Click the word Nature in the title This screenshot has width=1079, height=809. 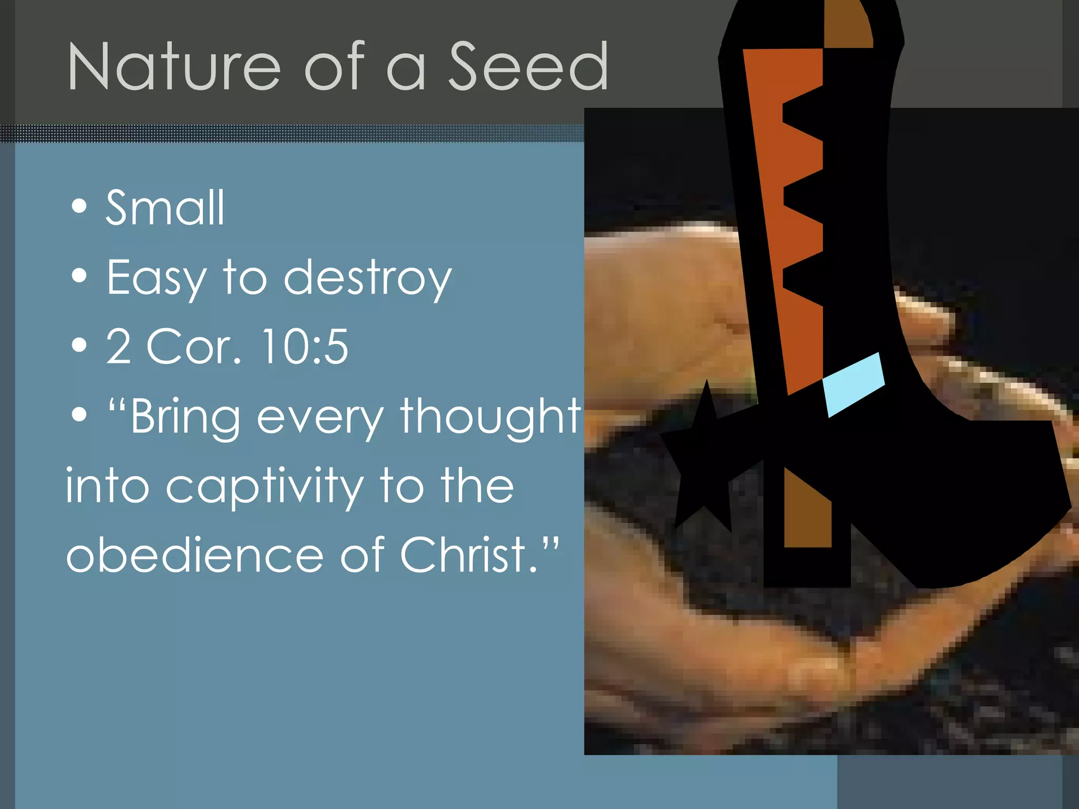[x=174, y=67]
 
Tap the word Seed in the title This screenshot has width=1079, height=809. [x=528, y=67]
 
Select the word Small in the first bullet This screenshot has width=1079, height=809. [x=165, y=208]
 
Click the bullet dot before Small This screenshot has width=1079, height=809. [x=79, y=206]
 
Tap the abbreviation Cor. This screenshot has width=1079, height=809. [x=193, y=347]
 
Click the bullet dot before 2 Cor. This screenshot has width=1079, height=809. [x=79, y=346]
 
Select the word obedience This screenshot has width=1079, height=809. [x=195, y=556]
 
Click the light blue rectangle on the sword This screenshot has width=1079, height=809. [x=854, y=384]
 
